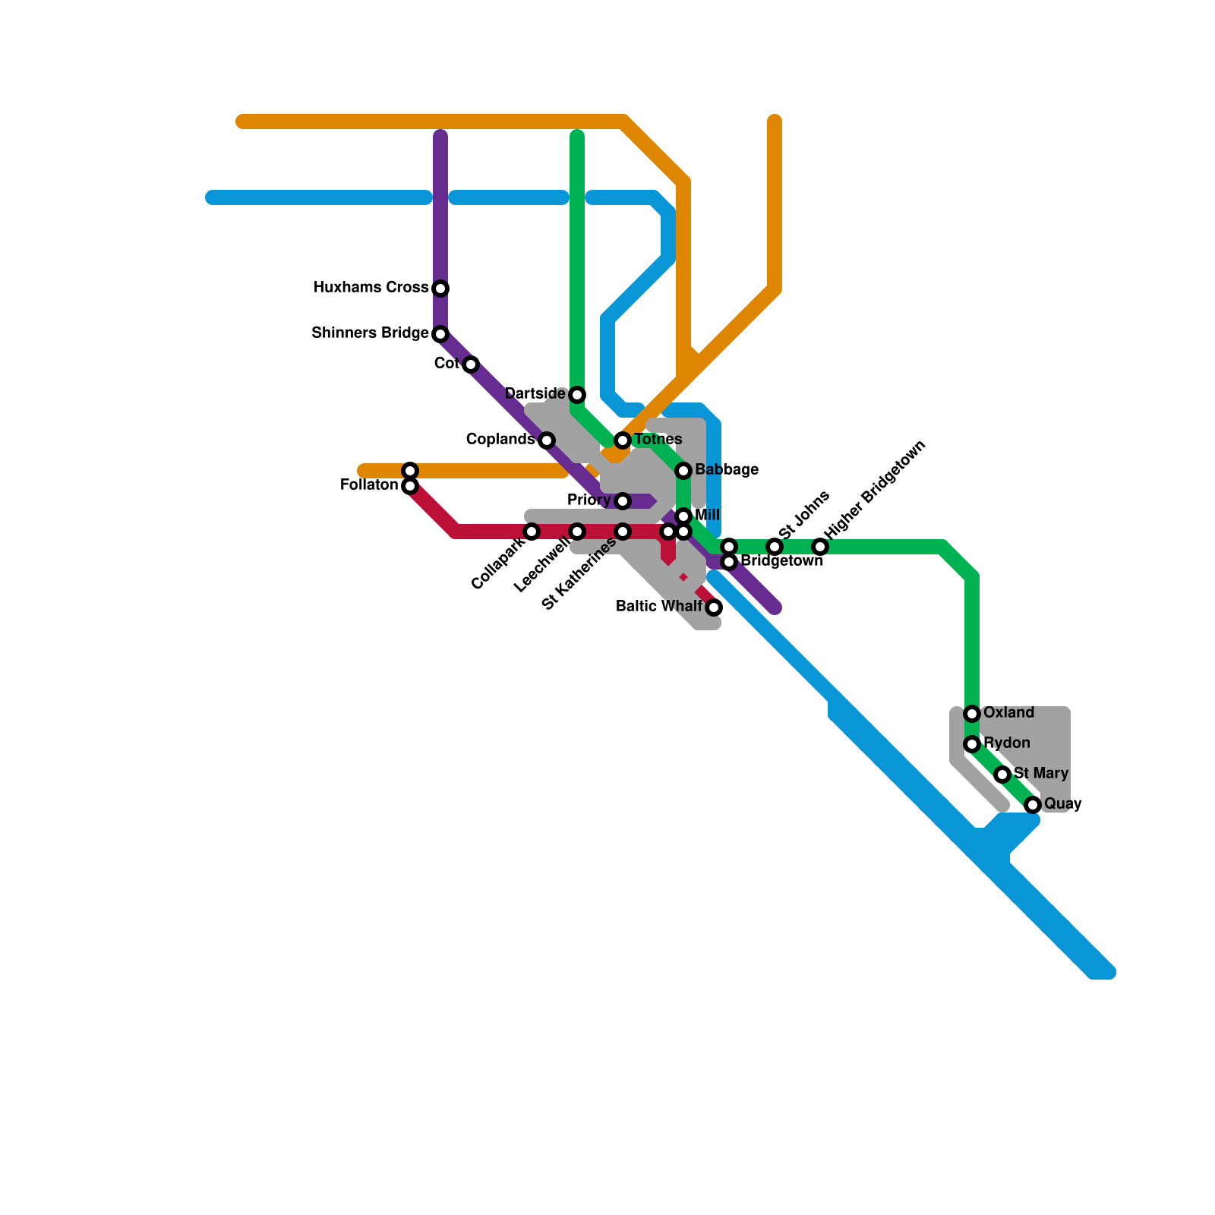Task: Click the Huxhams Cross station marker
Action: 440,289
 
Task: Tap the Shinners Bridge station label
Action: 370,333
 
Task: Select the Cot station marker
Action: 471,364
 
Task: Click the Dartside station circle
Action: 577,395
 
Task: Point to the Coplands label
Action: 500,440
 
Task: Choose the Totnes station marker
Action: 623,440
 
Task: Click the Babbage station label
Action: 726,470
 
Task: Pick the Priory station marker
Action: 623,501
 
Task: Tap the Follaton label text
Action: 369,485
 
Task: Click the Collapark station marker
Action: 532,532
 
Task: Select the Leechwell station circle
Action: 577,532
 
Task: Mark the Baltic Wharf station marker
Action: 714,607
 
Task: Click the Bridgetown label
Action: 781,561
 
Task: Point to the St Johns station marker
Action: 775,547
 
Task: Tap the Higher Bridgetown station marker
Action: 820,547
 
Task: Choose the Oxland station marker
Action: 972,714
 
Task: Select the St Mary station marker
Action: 1002,775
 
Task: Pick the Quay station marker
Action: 1033,805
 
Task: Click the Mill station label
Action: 707,516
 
